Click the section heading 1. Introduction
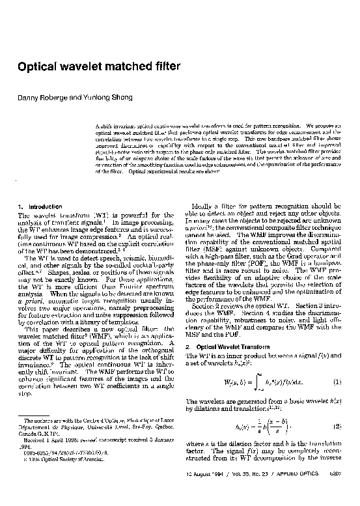tap(41, 206)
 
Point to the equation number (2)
tap(338, 426)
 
